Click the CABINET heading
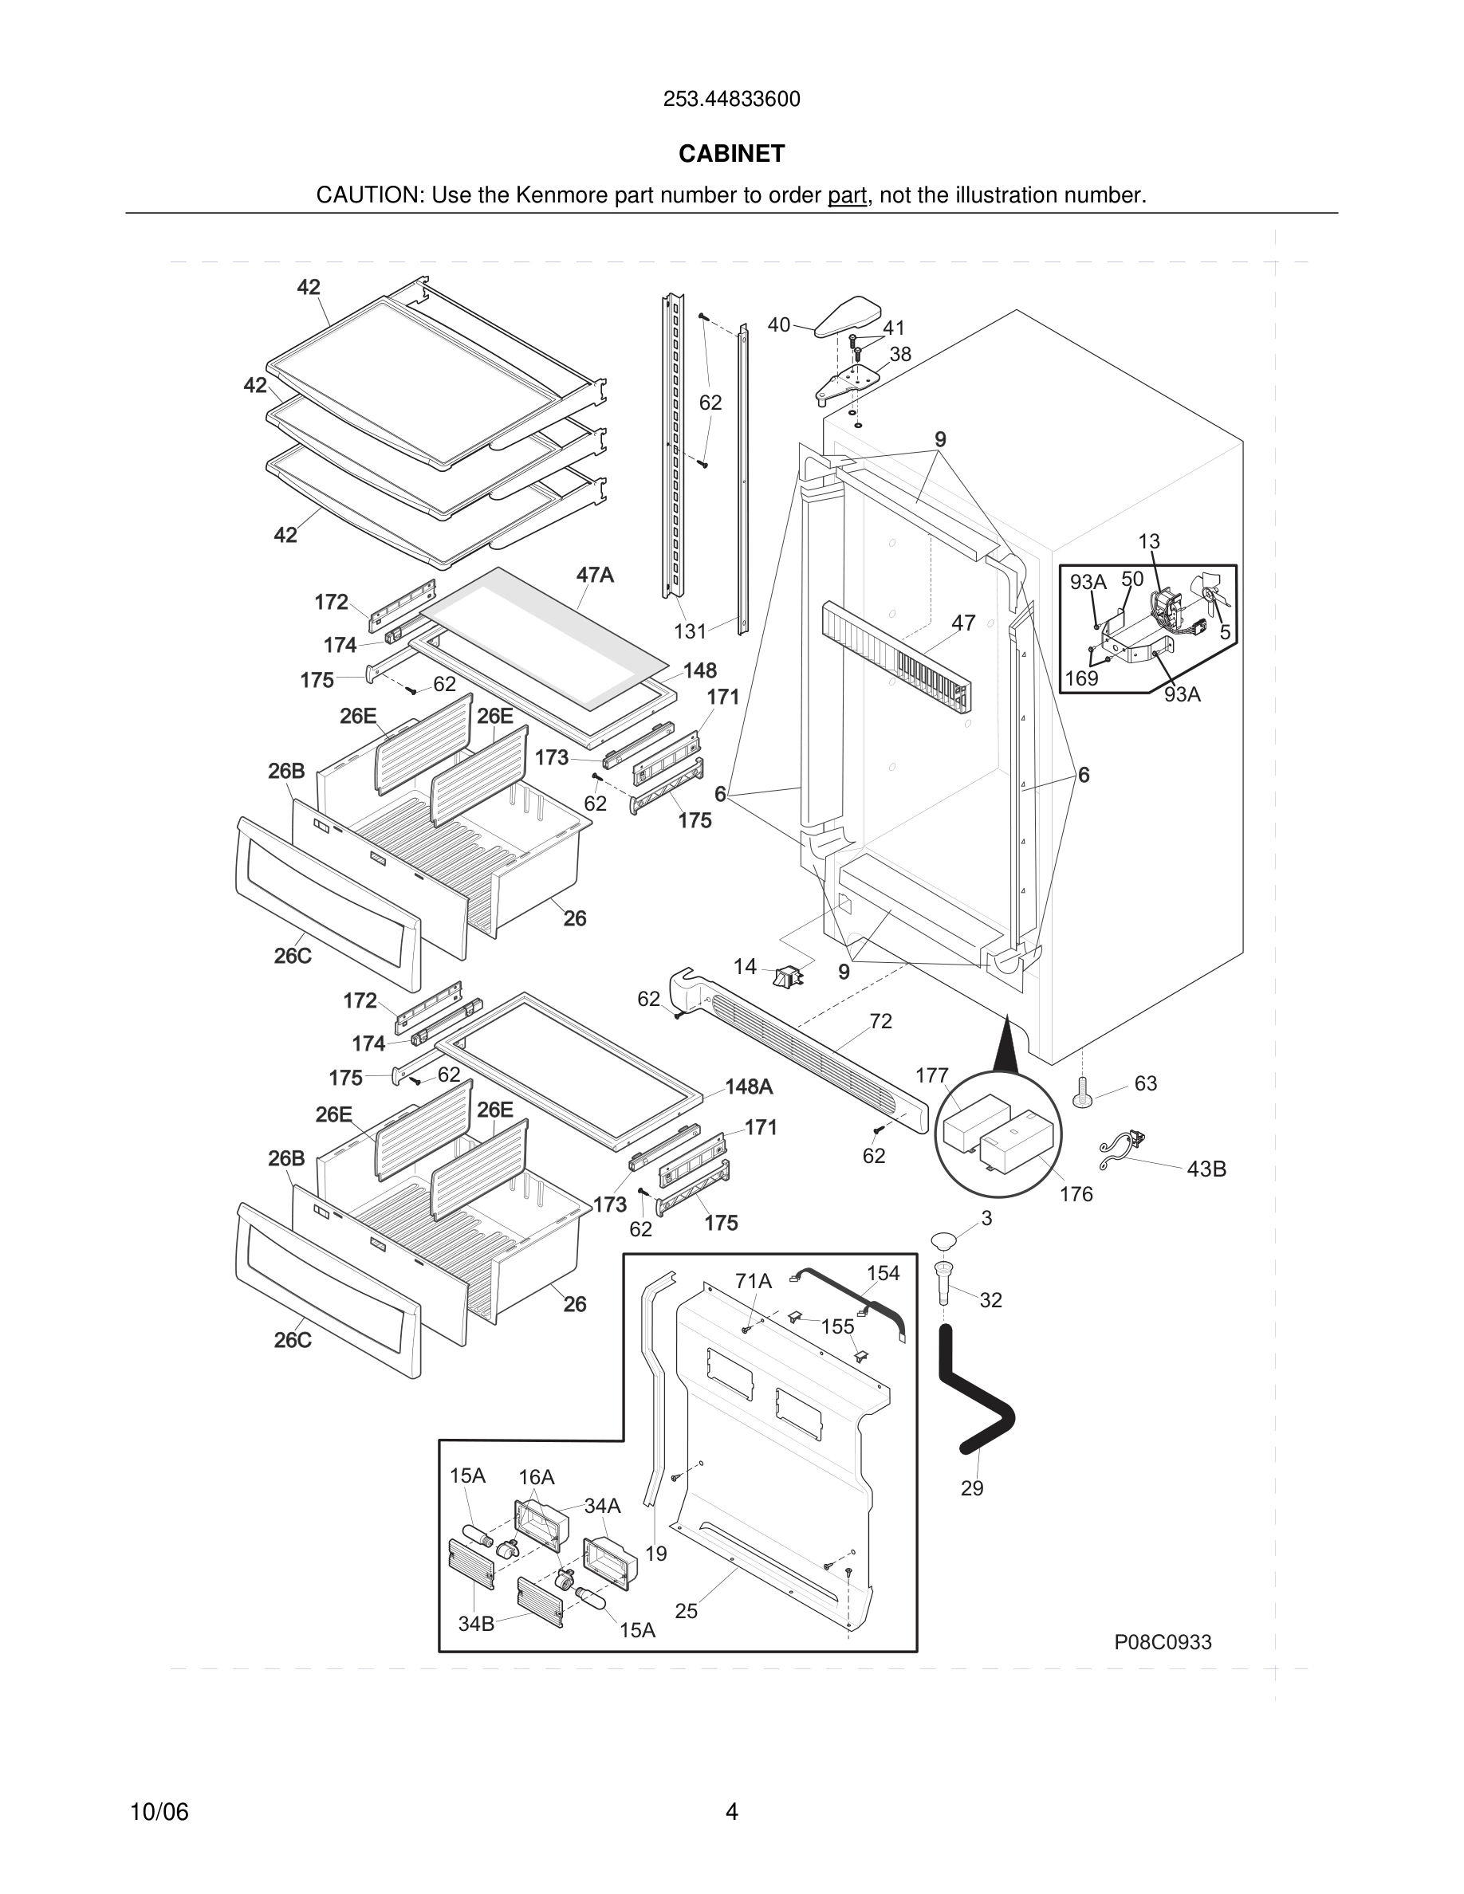[731, 154]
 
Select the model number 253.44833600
[731, 99]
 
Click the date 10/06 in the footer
[159, 1812]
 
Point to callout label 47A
[595, 575]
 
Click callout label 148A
[749, 1086]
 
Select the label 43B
[1206, 1169]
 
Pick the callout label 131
[691, 631]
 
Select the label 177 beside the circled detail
[932, 1075]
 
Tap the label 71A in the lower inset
[753, 1281]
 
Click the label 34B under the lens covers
[475, 1624]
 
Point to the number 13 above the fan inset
[1148, 541]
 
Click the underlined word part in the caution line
[847, 195]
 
